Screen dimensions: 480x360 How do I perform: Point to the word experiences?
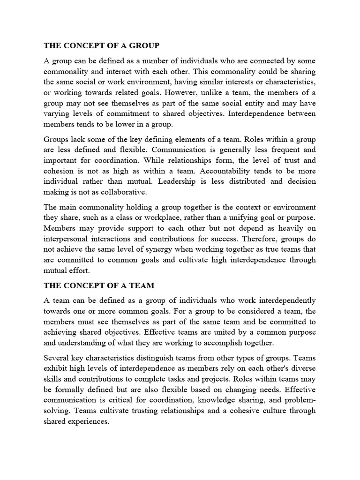pos(88,421)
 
